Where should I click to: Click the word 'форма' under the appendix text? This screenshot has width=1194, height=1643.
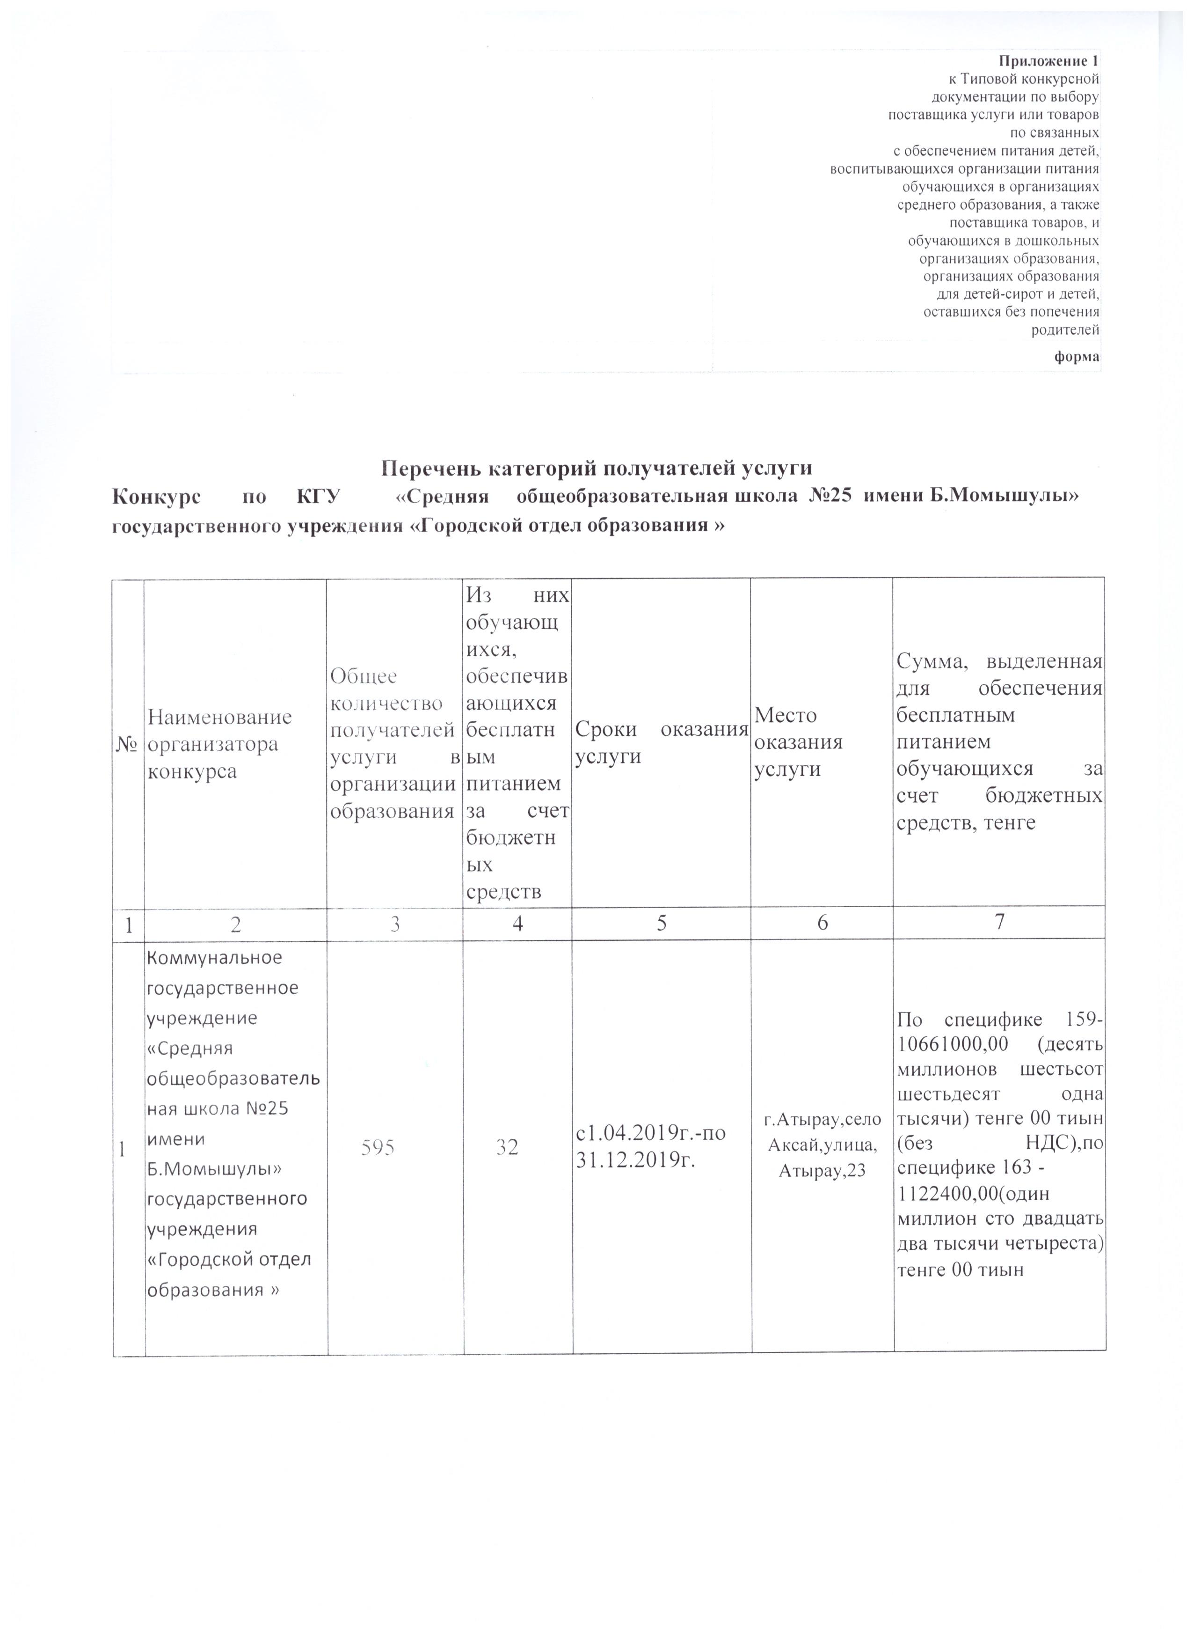tap(1078, 356)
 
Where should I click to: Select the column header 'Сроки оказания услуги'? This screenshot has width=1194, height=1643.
tap(660, 742)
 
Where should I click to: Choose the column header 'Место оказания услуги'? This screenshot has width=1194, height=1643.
tap(798, 742)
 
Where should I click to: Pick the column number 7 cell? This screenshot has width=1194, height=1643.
tap(999, 922)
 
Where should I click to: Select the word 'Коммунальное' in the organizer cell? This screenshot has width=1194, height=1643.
tap(214, 957)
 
